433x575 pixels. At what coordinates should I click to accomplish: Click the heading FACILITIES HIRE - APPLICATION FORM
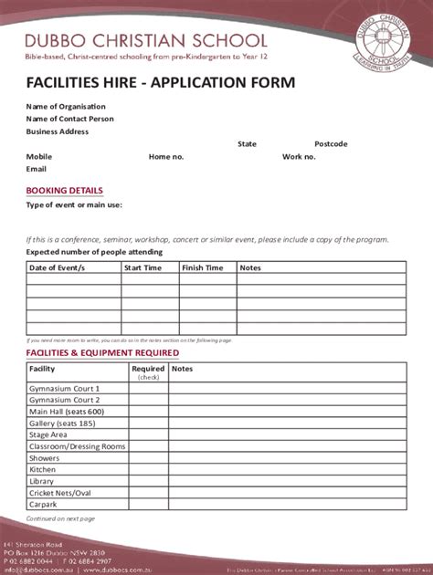click(160, 83)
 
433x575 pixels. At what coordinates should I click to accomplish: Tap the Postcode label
click(331, 144)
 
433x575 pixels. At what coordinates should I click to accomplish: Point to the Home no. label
click(166, 157)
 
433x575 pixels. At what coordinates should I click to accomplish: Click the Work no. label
click(324, 157)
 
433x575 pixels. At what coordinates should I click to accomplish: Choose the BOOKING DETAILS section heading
click(64, 191)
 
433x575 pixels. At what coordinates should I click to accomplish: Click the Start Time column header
click(143, 268)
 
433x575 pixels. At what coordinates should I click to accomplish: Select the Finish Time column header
click(202, 268)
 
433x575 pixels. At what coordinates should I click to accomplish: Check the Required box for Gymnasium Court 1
click(148, 389)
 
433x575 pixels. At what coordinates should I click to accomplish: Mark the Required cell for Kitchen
click(148, 469)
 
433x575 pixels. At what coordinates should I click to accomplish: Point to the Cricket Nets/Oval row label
click(60, 493)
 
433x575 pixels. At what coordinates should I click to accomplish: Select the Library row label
click(42, 481)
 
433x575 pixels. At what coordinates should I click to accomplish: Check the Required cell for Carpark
click(148, 504)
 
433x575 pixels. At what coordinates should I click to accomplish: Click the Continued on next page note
click(60, 518)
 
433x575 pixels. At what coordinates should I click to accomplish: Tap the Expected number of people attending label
click(94, 251)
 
